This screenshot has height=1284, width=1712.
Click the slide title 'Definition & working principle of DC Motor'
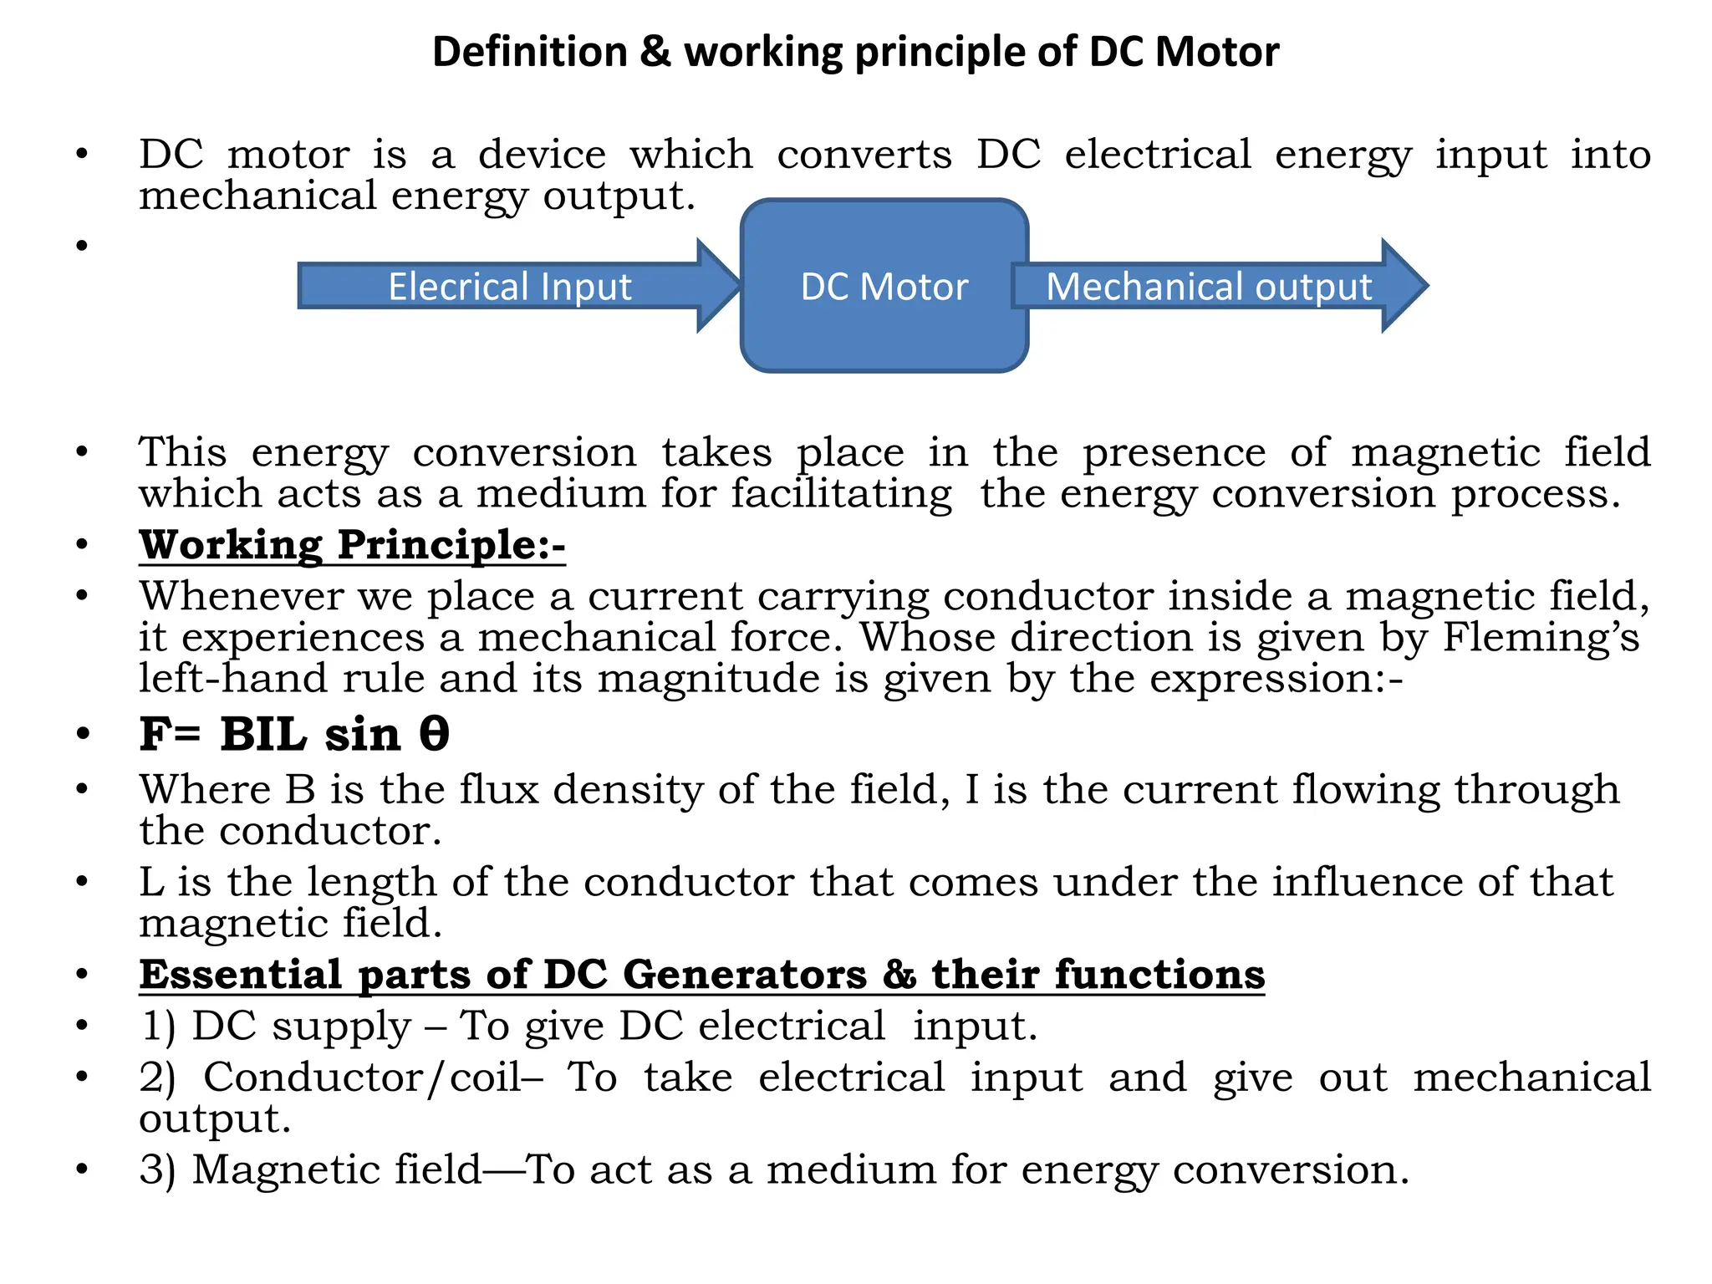[855, 52]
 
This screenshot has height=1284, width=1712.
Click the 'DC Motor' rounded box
[884, 286]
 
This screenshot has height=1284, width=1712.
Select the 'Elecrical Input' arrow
[510, 286]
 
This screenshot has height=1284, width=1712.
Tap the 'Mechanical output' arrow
[1209, 286]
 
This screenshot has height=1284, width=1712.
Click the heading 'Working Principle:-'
[352, 545]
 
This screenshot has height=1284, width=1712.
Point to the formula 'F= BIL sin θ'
[294, 735]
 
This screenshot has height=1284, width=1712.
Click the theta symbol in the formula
[434, 733]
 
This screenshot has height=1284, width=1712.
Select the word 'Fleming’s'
[1541, 637]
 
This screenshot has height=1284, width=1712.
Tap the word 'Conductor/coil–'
[373, 1077]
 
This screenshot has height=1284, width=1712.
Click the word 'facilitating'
[841, 493]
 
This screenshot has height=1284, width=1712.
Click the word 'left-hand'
[233, 677]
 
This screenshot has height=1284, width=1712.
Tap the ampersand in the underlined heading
[899, 975]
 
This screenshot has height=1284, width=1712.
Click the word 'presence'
[1174, 453]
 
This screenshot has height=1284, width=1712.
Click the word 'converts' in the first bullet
[864, 155]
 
